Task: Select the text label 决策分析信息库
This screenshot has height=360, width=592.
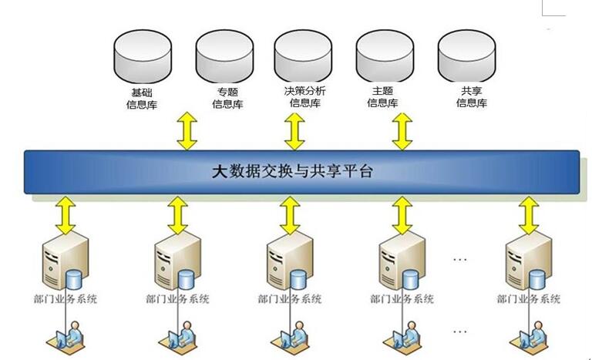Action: click(x=304, y=97)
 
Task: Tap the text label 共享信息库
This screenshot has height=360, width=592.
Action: click(x=471, y=97)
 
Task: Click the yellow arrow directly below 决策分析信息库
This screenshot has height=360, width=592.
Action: click(x=294, y=131)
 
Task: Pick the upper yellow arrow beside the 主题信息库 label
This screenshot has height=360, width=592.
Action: click(x=402, y=131)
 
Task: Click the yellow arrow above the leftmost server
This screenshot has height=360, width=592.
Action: click(x=68, y=214)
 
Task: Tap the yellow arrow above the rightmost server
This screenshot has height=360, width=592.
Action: click(x=528, y=214)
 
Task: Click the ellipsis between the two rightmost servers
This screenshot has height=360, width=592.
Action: click(x=460, y=259)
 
